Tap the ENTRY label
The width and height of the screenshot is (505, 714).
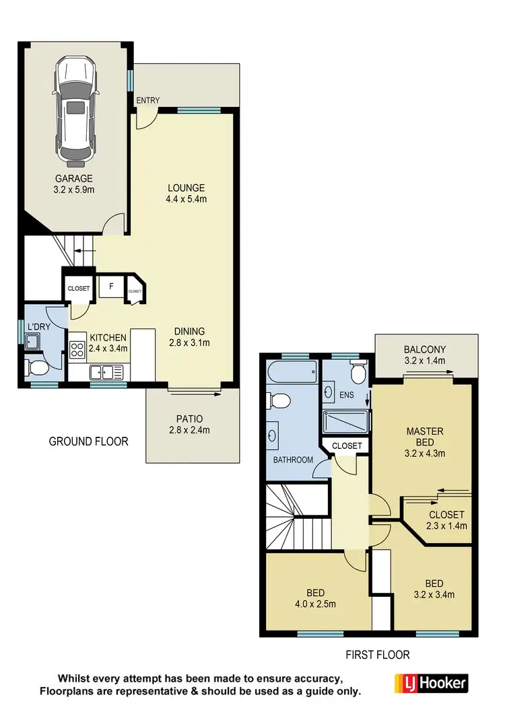tap(148, 101)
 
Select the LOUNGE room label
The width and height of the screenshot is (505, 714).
tap(186, 188)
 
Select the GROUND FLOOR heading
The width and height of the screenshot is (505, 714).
tap(88, 441)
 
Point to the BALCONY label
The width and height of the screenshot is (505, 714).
tap(426, 349)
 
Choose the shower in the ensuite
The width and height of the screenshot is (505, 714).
tap(345, 421)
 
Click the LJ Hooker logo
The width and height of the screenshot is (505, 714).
tap(431, 683)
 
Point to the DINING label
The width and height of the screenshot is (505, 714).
tap(189, 331)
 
